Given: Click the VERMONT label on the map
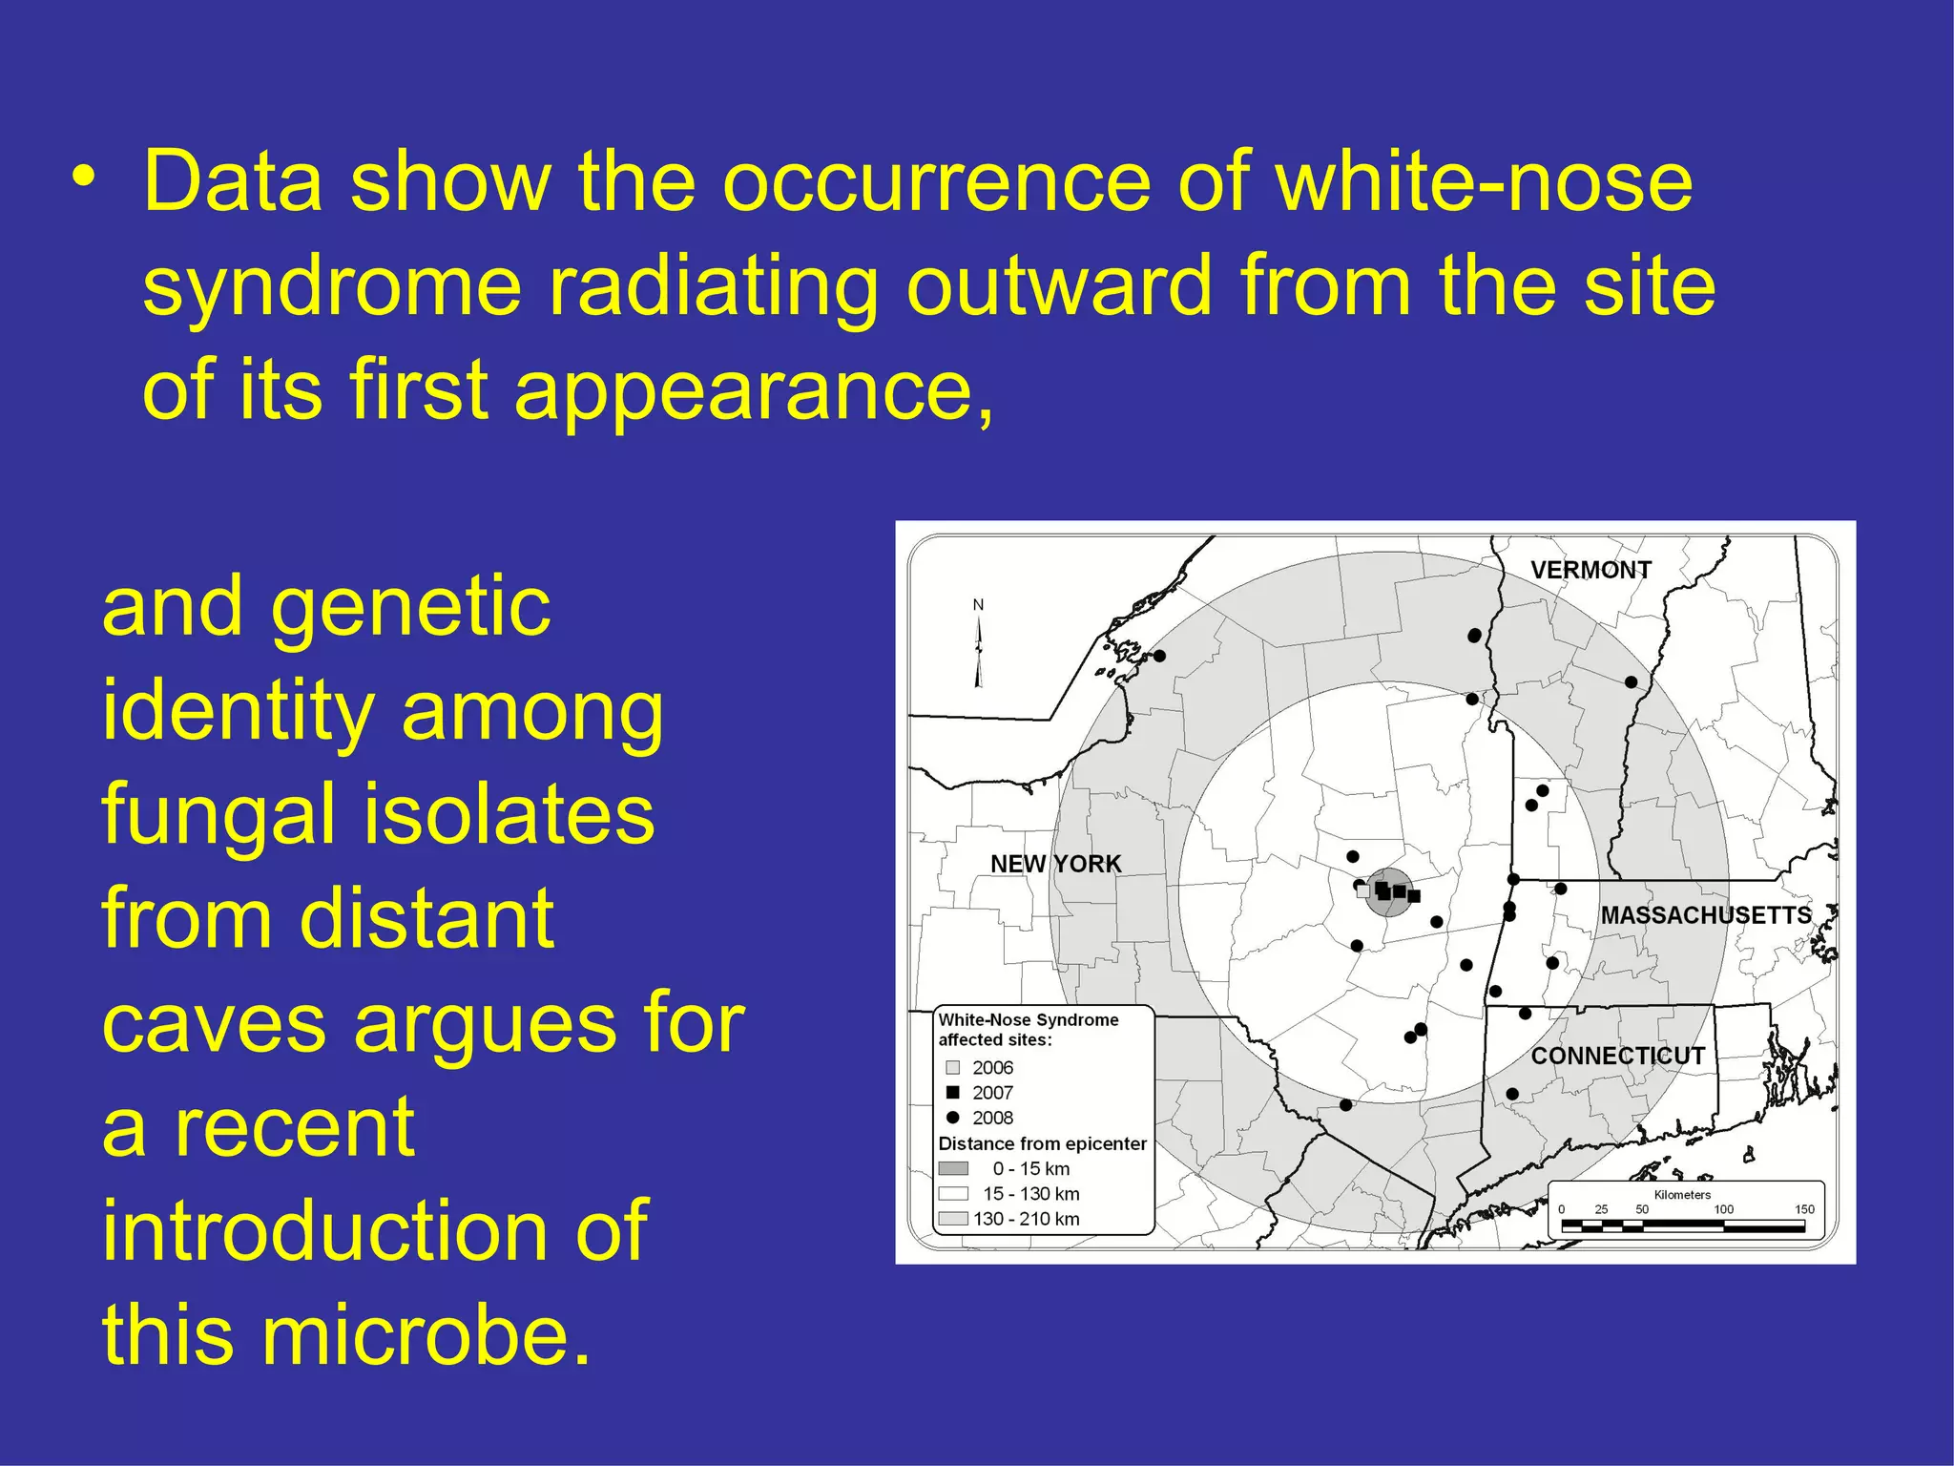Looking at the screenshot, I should click(1590, 570).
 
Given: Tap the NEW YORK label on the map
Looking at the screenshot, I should click(1055, 864).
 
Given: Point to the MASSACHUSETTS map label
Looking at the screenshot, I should click(1705, 915).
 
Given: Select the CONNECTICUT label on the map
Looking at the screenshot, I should click(1617, 1056).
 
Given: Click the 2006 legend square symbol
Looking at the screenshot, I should click(952, 1067).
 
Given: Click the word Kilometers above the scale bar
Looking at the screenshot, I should click(1682, 1195).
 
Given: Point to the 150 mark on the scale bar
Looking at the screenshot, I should click(1804, 1209).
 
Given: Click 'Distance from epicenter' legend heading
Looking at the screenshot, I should click(1042, 1143).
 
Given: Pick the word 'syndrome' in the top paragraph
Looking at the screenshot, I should click(332, 285).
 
